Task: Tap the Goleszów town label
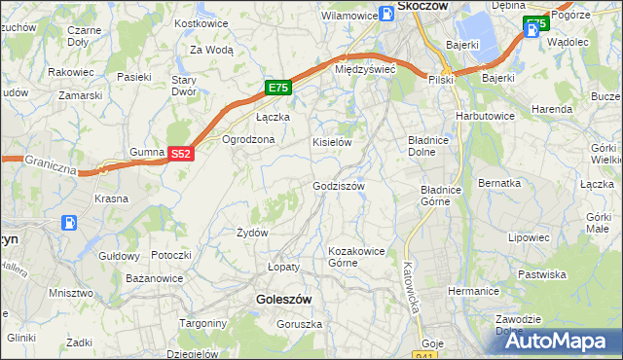coord(281,300)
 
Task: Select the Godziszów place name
coord(338,186)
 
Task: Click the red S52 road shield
coord(181,154)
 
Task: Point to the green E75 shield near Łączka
coord(278,88)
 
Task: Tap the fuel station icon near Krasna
coord(71,223)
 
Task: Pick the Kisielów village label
coord(331,142)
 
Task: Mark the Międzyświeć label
coord(363,70)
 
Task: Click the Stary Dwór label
coord(184,86)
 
